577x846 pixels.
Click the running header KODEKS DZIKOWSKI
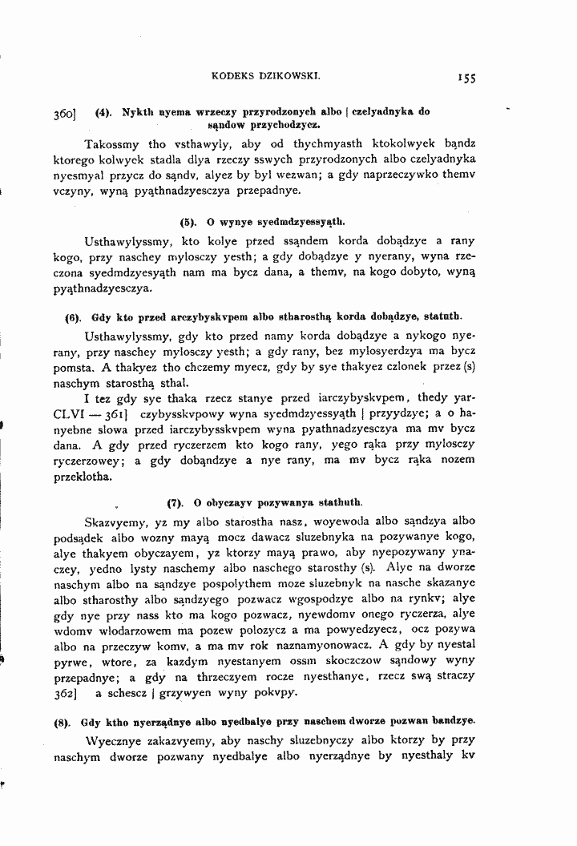267,76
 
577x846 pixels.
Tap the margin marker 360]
65,114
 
